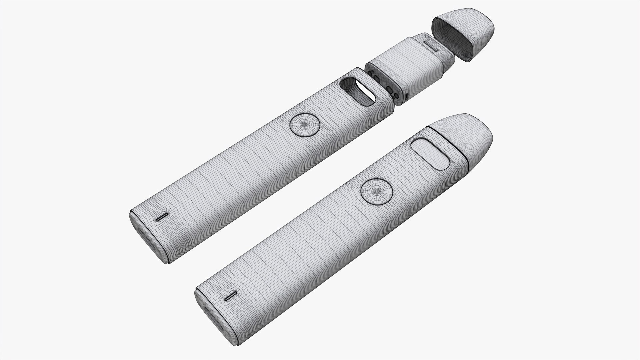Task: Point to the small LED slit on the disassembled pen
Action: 161,218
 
